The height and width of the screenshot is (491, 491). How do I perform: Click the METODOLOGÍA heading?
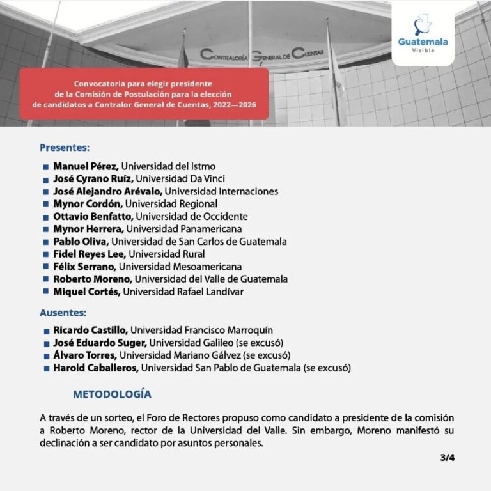tap(112, 393)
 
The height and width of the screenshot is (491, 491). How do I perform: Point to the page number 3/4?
tap(447, 458)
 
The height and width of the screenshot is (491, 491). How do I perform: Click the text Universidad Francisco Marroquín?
tap(201, 330)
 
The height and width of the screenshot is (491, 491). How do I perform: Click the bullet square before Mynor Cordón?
tap(46, 205)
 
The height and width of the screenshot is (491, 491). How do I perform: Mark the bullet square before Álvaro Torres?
tap(47, 355)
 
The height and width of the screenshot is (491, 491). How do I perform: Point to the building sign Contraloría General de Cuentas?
tap(262, 54)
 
